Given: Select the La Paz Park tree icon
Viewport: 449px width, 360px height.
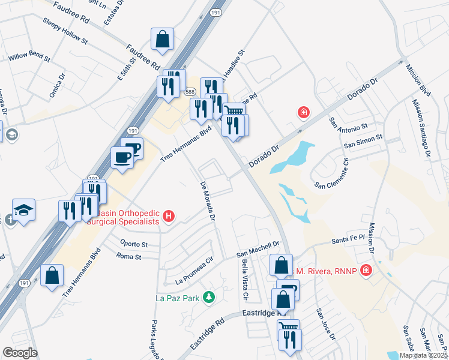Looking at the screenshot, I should pos(209,296).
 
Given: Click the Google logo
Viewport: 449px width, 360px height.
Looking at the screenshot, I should pos(20,353).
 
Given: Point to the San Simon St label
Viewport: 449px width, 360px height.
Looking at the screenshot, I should pos(363,142).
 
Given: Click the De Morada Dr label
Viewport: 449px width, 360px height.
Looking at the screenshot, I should pos(207,202).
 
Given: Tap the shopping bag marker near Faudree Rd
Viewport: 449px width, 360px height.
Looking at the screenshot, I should pos(163,39).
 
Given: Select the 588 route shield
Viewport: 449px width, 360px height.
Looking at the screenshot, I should pos(190,91).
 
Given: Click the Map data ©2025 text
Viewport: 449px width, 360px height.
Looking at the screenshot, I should pos(423,355).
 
